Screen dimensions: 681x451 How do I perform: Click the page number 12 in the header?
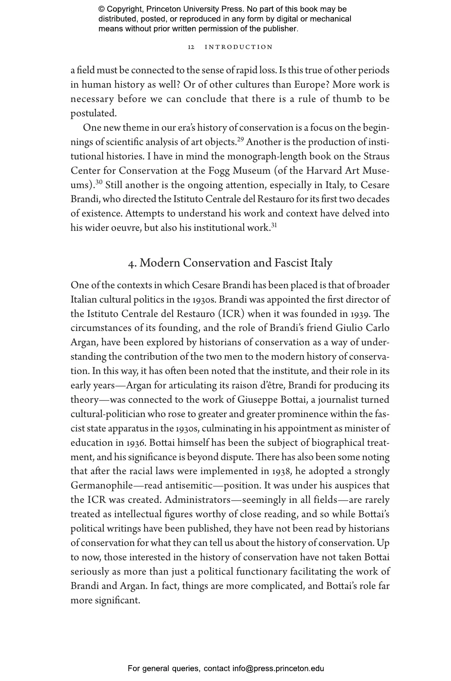[x=191, y=47]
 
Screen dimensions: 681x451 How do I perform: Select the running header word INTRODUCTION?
[x=239, y=47]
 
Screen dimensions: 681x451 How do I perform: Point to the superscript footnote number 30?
[x=99, y=182]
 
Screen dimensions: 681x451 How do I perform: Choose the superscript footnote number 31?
[x=274, y=225]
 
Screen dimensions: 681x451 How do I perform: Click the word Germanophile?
[x=102, y=486]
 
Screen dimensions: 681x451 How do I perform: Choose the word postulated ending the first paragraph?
[x=93, y=113]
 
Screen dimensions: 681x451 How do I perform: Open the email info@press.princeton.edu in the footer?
[x=278, y=668]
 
